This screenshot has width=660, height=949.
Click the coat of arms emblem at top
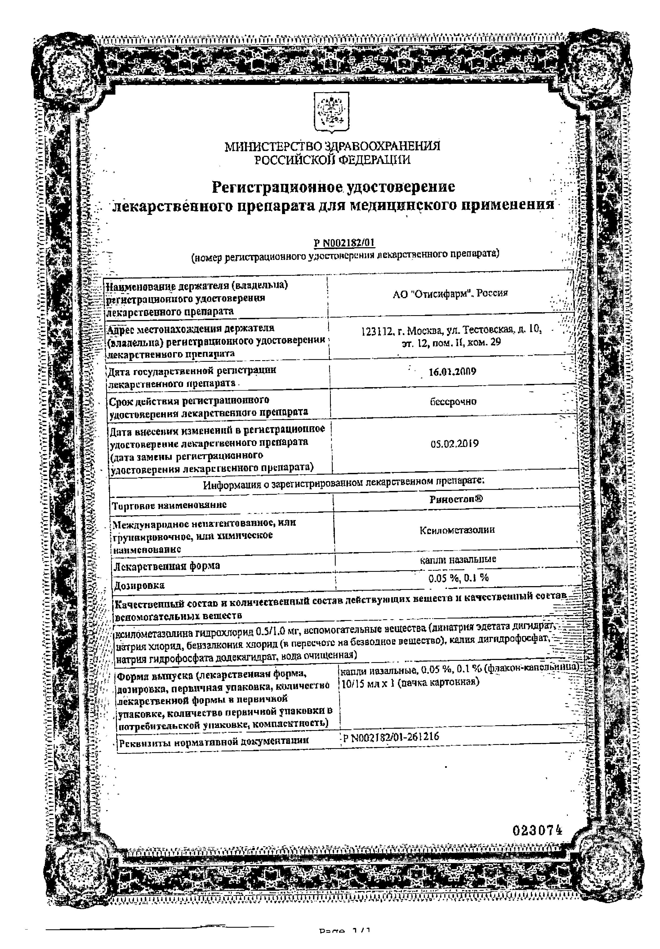click(x=331, y=112)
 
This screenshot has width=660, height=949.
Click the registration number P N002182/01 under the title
click(x=345, y=243)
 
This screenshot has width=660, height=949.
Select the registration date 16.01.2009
click(x=452, y=372)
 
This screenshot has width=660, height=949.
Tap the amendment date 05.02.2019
click(x=455, y=444)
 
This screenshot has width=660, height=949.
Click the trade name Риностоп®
click(x=456, y=499)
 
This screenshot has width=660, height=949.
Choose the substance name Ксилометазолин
click(x=457, y=530)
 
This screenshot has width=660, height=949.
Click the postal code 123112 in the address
click(x=374, y=331)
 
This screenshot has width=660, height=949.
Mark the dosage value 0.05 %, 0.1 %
click(x=458, y=578)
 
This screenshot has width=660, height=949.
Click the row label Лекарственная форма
click(x=167, y=565)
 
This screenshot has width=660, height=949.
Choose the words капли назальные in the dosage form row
click(x=458, y=559)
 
